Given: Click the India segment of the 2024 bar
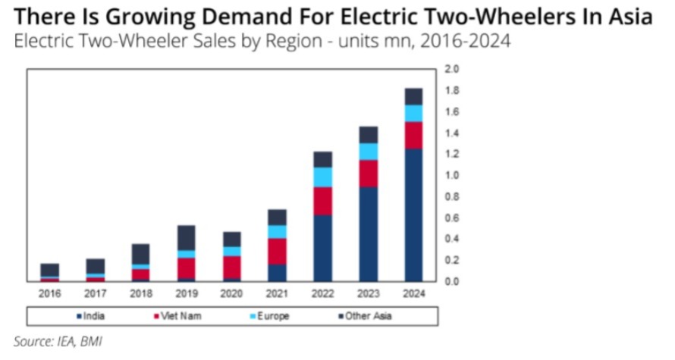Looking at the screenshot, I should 413,214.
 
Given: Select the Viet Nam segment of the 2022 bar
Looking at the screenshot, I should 322,201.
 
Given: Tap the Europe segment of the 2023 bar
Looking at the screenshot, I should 368,152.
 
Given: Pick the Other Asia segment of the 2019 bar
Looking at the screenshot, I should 186,237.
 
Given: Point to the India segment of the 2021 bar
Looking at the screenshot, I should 277,272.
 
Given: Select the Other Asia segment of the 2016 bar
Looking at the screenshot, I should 49,270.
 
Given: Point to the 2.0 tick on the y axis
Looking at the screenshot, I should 452,69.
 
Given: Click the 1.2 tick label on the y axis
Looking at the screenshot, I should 452,154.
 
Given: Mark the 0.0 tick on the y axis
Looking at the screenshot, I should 452,281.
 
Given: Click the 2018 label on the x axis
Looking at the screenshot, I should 140,293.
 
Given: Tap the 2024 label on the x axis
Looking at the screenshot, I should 413,293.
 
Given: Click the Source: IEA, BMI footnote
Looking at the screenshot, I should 58,341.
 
